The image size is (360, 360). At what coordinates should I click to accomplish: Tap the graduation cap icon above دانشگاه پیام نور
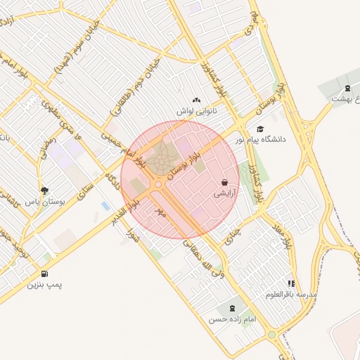point(261,129)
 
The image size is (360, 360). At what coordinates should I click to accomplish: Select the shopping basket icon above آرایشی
point(224,182)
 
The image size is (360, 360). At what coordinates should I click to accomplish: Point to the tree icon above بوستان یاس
point(45,191)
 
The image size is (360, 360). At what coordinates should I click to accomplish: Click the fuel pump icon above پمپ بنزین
point(45,274)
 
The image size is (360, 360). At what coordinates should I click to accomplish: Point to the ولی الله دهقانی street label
point(204,260)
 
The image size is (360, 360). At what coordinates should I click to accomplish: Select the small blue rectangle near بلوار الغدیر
point(105,206)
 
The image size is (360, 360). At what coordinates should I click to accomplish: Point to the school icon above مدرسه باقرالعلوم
point(290,283)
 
